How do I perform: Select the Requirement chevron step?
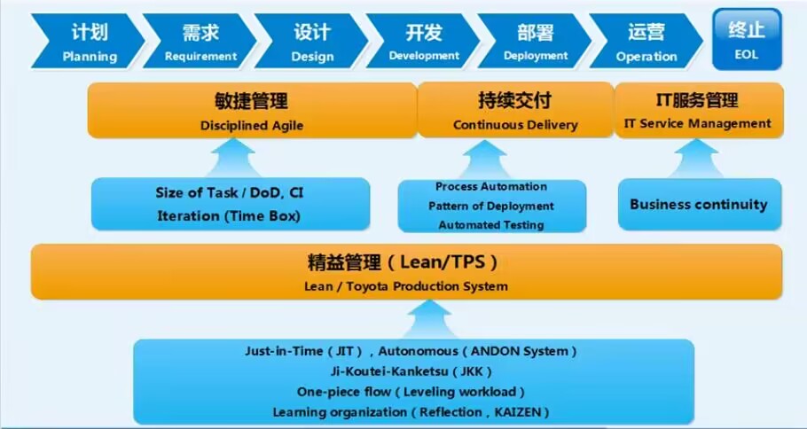tap(200, 41)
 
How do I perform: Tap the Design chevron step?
tap(311, 41)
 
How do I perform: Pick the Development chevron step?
tap(423, 41)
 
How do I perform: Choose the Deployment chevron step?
tap(535, 41)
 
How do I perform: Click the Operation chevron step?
tap(646, 41)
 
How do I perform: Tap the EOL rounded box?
tap(747, 39)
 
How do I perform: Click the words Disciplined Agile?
tap(252, 126)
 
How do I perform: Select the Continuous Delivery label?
tap(515, 125)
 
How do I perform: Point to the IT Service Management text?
tap(698, 124)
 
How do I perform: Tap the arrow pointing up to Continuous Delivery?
tap(484, 160)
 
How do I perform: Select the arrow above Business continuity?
tap(697, 159)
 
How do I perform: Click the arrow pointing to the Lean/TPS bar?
tap(428, 319)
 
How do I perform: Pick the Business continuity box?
tap(700, 204)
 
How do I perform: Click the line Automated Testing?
tap(491, 225)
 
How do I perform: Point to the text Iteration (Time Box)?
tap(229, 215)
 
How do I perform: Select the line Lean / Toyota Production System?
tap(406, 286)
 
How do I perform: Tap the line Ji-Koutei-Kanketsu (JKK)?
tap(411, 371)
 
